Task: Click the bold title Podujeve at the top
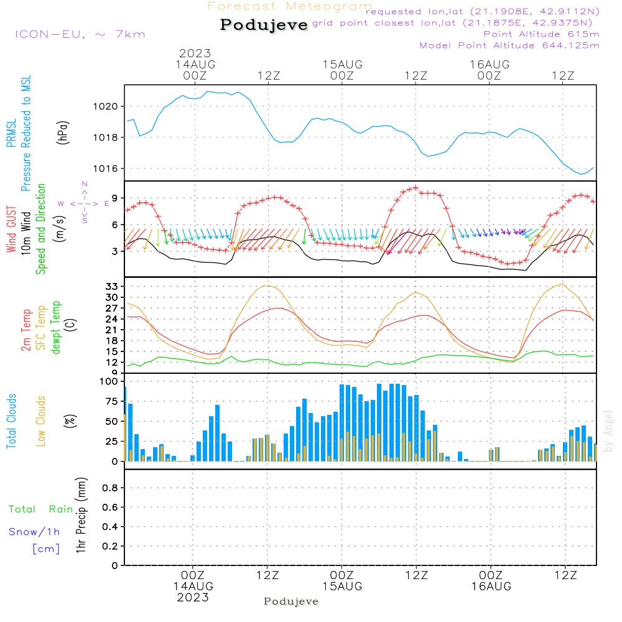pyautogui.click(x=264, y=25)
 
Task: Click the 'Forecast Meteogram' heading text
pyautogui.click(x=290, y=6)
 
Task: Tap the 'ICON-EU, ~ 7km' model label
pyautogui.click(x=80, y=34)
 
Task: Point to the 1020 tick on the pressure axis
pyautogui.click(x=110, y=106)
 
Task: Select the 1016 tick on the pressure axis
pyautogui.click(x=110, y=169)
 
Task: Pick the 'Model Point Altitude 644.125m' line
pyautogui.click(x=509, y=45)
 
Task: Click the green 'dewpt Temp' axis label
pyautogui.click(x=56, y=328)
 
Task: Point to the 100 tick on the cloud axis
pyautogui.click(x=109, y=381)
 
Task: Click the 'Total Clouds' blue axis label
pyautogui.click(x=12, y=421)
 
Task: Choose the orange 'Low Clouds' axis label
pyautogui.click(x=41, y=421)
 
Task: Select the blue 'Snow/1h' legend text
pyautogui.click(x=34, y=532)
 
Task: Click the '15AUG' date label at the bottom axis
pyautogui.click(x=341, y=587)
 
